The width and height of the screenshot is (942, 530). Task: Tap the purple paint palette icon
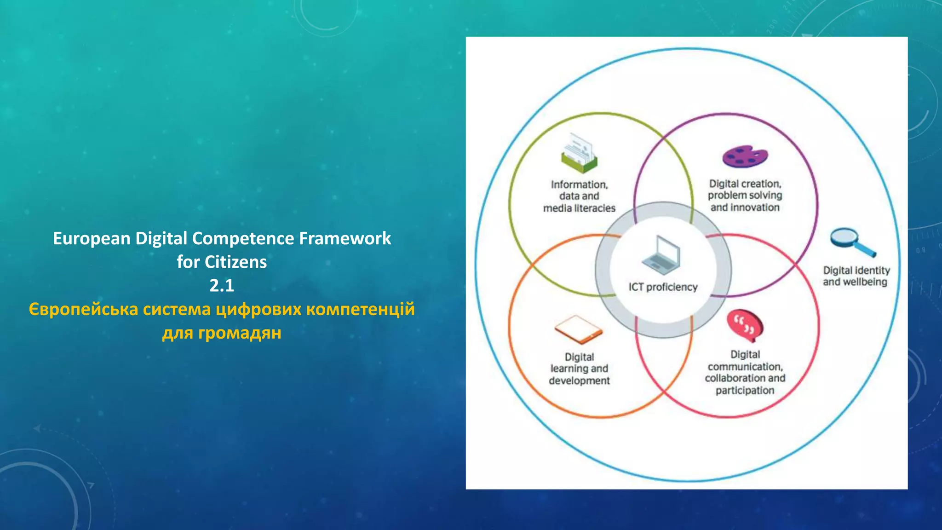(x=745, y=157)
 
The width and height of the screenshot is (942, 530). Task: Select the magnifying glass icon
(x=852, y=242)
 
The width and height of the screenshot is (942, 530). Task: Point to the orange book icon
(x=578, y=329)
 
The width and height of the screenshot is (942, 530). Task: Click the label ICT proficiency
(x=663, y=287)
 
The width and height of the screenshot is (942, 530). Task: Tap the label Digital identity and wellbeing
(x=856, y=276)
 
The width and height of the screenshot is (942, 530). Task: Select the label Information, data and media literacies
(x=579, y=196)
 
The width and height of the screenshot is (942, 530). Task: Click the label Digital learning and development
(x=579, y=369)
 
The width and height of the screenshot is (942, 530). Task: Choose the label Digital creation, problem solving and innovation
(x=745, y=196)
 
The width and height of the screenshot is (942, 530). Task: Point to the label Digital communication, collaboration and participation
(x=745, y=372)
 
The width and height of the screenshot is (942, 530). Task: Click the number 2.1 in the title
(x=222, y=286)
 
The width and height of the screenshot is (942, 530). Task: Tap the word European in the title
(x=92, y=239)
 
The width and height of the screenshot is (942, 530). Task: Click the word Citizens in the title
(x=235, y=262)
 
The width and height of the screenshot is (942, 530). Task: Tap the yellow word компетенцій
(x=360, y=309)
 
